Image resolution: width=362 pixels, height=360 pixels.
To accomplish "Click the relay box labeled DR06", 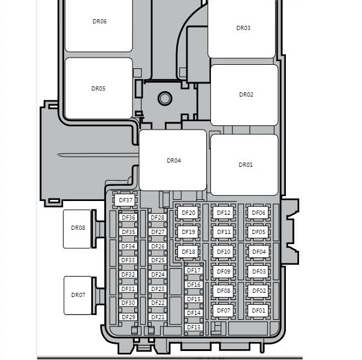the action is click(99, 25).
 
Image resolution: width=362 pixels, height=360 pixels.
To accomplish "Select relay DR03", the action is click(242, 29).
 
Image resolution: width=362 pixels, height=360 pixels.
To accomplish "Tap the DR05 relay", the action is click(99, 88).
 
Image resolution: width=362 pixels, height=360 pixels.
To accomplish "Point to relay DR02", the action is click(245, 95).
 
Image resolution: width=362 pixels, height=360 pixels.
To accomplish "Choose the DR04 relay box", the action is click(173, 160).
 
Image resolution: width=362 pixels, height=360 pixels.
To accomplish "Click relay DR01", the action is click(245, 165).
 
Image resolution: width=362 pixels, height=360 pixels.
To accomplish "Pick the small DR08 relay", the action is click(77, 229).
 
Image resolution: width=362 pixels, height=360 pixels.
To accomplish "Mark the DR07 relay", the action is click(77, 295).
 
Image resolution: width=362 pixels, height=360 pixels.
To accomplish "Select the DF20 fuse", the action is click(188, 212).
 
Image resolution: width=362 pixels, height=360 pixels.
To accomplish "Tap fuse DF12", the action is click(223, 212).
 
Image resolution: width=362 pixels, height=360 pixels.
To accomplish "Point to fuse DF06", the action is click(258, 212).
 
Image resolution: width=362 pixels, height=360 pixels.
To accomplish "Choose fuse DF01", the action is click(258, 310).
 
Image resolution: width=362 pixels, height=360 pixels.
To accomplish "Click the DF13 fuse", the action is click(194, 327).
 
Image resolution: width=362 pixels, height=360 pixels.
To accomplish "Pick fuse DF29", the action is click(128, 317).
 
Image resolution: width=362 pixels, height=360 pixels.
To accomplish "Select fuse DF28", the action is click(158, 217).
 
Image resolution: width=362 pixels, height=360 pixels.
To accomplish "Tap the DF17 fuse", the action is click(194, 271).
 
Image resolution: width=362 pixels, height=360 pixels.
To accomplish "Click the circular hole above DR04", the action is click(165, 98).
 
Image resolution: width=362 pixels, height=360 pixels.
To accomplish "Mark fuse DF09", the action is click(223, 272).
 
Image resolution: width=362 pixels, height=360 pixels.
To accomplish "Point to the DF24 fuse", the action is click(158, 275).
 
